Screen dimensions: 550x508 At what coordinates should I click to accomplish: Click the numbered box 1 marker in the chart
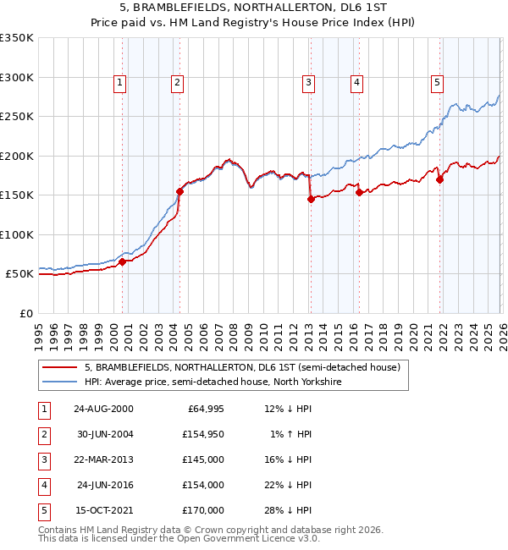(119, 82)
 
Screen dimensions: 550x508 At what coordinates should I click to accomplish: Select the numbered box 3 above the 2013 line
(308, 82)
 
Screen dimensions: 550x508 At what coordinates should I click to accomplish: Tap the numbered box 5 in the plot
(437, 82)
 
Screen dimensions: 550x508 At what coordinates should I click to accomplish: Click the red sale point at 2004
(179, 191)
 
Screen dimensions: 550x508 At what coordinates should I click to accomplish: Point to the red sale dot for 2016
(359, 192)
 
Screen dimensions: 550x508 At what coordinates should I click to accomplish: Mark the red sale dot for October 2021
(439, 179)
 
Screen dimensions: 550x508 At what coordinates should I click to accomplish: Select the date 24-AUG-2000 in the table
(103, 409)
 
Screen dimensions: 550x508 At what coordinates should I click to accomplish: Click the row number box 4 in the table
(42, 485)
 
